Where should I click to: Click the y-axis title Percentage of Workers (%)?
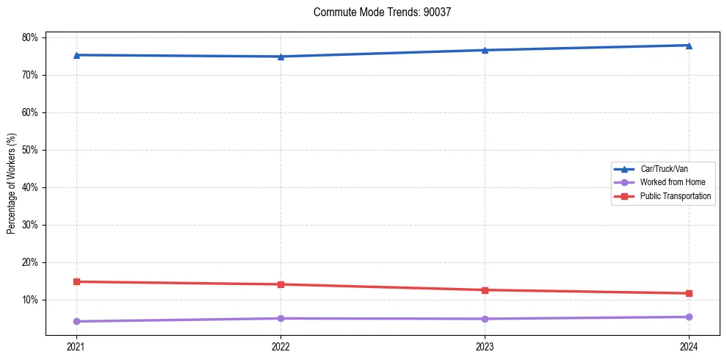(12, 184)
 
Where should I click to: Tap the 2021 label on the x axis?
(76, 346)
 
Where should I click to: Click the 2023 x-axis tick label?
(485, 346)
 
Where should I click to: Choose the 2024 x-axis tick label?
(689, 346)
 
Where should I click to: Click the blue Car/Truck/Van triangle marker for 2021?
(76, 55)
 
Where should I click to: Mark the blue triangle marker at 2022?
(281, 57)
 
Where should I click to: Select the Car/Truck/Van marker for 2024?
(689, 46)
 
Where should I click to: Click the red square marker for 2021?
(76, 281)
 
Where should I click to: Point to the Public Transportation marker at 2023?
(485, 289)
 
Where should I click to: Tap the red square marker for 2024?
(689, 293)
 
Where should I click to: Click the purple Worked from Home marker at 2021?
(76, 321)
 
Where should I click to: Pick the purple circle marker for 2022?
(281, 318)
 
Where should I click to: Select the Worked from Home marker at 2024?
(689, 317)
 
